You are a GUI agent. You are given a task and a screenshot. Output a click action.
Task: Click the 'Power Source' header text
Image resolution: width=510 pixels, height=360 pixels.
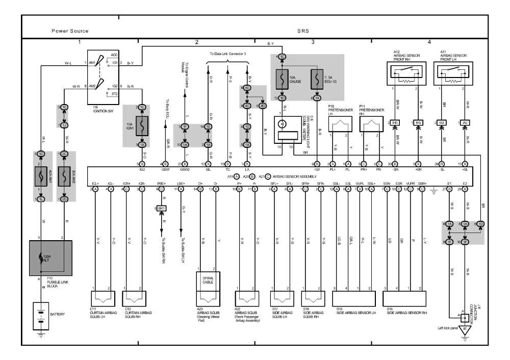[x=70, y=31]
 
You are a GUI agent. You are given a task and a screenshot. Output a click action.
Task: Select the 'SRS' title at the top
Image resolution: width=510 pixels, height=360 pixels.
[x=303, y=31]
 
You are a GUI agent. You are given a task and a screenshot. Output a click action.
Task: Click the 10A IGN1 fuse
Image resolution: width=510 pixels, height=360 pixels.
[x=142, y=126]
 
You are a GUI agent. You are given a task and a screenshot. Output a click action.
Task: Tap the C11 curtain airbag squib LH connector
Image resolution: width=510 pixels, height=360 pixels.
[x=103, y=297]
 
